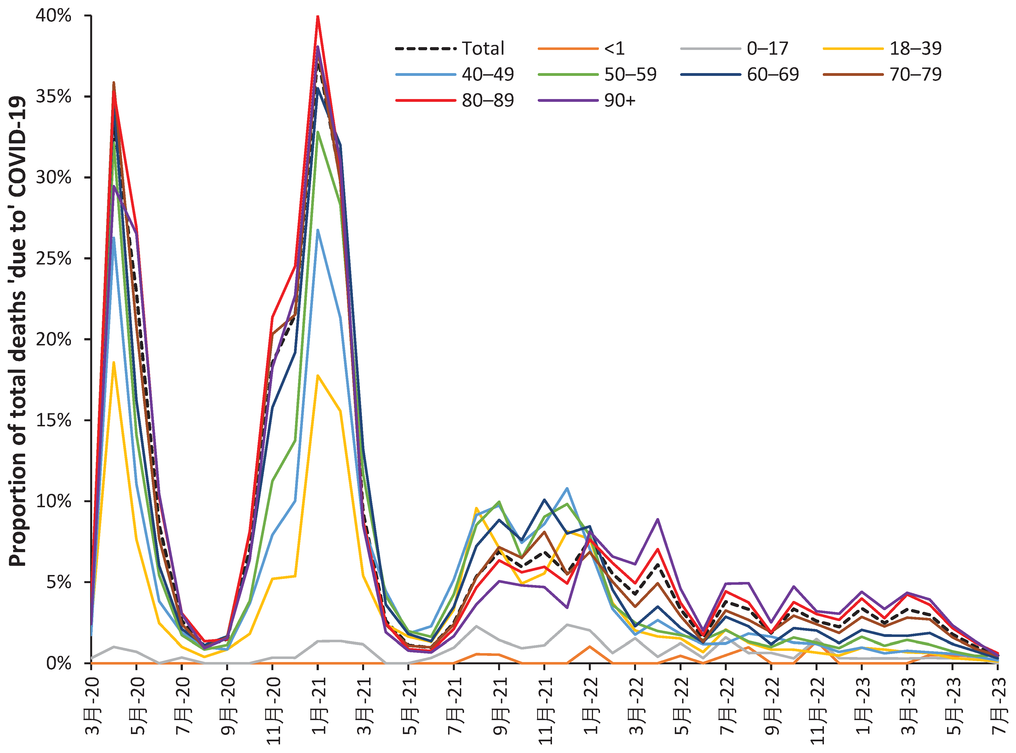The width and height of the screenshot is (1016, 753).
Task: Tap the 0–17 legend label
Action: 767,48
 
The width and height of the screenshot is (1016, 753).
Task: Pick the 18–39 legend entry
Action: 915,48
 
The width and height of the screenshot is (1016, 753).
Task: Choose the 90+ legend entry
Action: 619,100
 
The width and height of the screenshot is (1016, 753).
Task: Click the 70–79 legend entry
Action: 915,74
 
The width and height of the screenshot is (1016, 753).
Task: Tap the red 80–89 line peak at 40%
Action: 318,16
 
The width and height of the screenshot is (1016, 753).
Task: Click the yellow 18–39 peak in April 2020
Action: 114,362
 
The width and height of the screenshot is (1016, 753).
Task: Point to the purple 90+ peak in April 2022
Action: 657,519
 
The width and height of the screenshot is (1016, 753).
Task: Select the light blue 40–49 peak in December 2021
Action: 567,488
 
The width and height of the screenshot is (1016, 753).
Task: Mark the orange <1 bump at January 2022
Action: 590,646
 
